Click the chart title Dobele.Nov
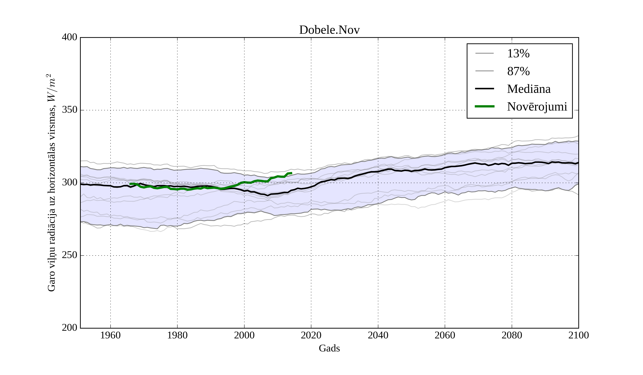coord(329,30)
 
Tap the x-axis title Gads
coord(329,348)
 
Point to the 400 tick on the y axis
coord(69,37)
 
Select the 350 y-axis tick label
coord(69,110)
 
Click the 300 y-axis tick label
coord(69,183)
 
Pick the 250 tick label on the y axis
coord(69,255)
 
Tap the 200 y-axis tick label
coord(69,328)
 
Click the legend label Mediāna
coord(529,89)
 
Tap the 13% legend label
coord(518,54)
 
